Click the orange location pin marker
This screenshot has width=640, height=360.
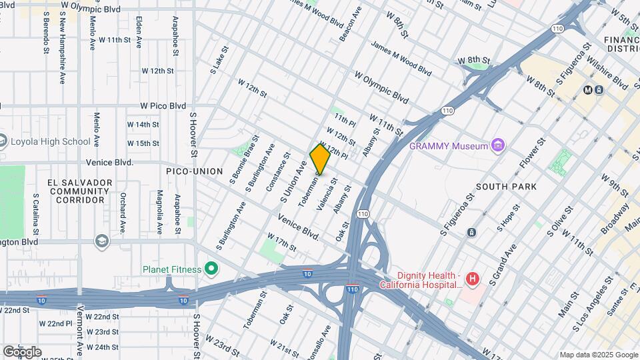(320, 159)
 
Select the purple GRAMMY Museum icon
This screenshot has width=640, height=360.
(497, 145)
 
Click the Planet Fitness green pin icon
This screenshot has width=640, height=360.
(211, 269)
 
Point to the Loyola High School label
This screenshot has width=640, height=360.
(50, 141)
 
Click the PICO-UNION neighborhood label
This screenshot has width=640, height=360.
(194, 171)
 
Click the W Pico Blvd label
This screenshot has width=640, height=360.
(163, 105)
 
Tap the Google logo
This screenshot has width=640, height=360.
(22, 351)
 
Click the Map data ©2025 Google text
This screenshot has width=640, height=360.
(598, 355)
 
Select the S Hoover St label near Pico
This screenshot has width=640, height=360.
(193, 135)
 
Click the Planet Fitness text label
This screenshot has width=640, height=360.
(171, 269)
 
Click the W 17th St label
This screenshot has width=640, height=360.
(281, 241)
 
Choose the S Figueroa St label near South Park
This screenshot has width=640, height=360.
(457, 215)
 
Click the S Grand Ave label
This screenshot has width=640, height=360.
(504, 261)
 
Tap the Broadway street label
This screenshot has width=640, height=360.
(615, 218)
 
